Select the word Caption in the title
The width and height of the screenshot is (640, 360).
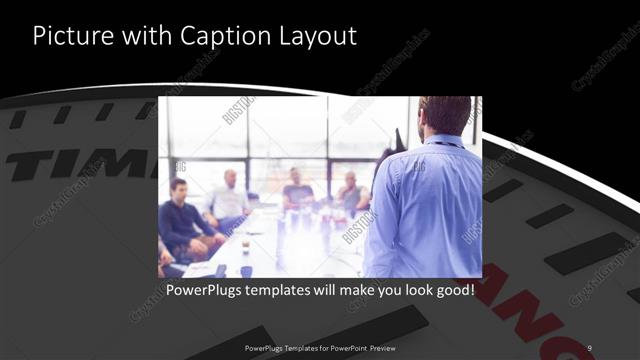(x=213, y=36)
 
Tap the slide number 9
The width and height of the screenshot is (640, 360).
(x=590, y=347)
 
